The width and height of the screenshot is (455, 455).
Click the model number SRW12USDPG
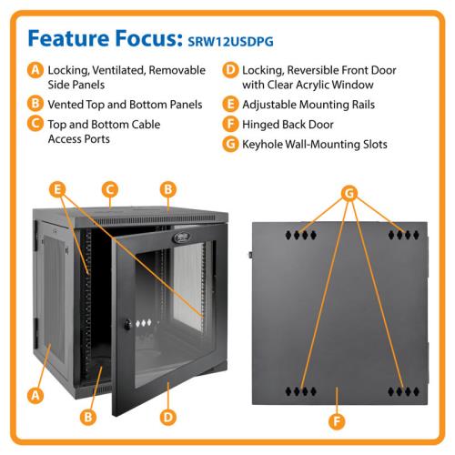click(230, 41)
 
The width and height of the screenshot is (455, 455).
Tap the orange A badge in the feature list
click(35, 70)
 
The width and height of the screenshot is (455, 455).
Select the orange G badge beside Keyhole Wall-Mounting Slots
click(230, 144)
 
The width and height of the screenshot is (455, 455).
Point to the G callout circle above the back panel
click(349, 193)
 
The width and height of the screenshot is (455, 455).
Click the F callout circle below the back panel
click(337, 421)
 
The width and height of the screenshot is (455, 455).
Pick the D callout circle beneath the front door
click(168, 417)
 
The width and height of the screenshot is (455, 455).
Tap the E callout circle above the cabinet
click(57, 189)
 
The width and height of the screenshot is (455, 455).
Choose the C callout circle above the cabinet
click(110, 189)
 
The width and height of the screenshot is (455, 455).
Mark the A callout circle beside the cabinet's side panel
click(35, 395)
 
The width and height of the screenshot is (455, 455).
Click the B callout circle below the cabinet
click(88, 417)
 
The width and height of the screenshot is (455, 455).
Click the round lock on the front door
click(127, 325)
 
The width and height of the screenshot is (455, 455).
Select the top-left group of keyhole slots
click(301, 235)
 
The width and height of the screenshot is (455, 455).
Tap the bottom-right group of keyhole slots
click(403, 391)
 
